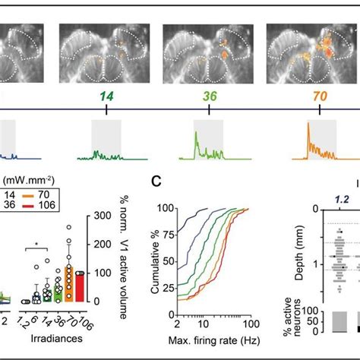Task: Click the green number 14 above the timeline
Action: (106, 96)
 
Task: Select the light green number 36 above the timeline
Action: (203, 96)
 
